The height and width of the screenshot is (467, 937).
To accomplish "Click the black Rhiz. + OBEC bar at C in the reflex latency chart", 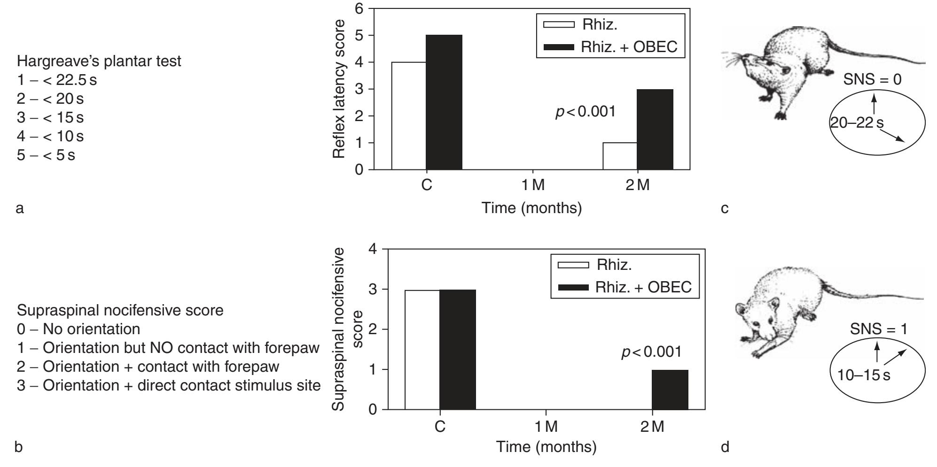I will (444, 102).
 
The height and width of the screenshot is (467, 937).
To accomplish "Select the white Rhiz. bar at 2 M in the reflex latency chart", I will (620, 156).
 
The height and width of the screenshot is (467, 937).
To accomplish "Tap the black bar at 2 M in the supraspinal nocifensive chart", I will (670, 390).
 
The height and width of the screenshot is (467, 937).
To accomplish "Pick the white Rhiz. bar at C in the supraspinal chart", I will (422, 350).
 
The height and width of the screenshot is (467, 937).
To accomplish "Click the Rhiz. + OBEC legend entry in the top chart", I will (611, 47).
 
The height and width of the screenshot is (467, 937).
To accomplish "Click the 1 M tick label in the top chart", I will (533, 185).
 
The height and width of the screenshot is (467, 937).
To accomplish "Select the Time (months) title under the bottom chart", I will (546, 446).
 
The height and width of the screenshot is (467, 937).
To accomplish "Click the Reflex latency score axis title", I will (339, 89).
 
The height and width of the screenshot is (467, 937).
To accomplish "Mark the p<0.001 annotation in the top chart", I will (585, 112).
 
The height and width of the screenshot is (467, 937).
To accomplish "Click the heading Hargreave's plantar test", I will (99, 61).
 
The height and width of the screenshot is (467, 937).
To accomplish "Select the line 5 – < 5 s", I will (46, 155).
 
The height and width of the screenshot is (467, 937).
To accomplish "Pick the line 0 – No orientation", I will (78, 329).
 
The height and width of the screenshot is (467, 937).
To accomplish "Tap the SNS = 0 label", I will (872, 79).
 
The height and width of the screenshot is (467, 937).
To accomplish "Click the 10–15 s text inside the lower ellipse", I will (864, 375).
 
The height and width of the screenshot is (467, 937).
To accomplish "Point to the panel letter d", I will (725, 447).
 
